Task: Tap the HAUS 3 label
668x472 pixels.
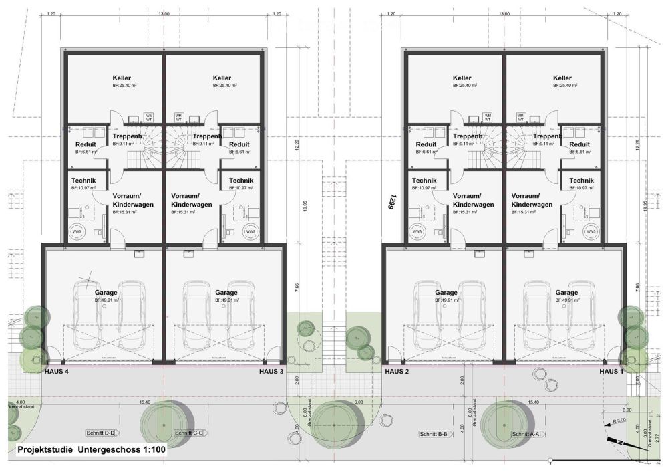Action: point(271,371)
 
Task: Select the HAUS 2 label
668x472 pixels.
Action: point(397,371)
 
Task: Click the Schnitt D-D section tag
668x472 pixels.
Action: point(101,433)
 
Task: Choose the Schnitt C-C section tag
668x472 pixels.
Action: point(189,433)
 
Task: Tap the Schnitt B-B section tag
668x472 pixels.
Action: point(434,434)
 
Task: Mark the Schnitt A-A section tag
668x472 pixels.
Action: point(525,434)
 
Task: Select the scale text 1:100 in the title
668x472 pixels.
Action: point(151,450)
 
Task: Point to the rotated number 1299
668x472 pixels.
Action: point(385,201)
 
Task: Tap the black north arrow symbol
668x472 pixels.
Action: point(618,441)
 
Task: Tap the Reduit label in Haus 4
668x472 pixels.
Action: point(86,144)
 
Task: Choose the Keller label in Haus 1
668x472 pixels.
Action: point(562,78)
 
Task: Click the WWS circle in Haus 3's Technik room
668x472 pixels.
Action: point(251,232)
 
